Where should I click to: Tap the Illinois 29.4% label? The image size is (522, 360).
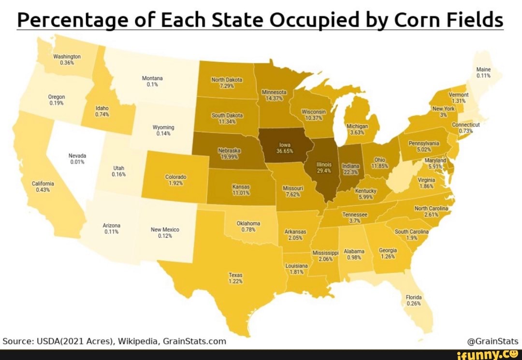point(323,168)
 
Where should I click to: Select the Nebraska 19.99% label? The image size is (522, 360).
point(230,154)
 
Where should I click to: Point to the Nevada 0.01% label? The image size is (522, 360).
point(77,159)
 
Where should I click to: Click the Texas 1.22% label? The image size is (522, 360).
point(235,277)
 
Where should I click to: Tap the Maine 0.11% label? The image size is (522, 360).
point(483,72)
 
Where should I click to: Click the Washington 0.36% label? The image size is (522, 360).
point(66,59)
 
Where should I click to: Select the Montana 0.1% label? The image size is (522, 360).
point(152,81)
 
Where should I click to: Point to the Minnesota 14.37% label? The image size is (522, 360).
point(274,95)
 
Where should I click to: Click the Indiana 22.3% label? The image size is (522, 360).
point(351,169)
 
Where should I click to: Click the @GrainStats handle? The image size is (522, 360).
point(493,340)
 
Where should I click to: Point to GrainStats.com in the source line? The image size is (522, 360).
point(194,340)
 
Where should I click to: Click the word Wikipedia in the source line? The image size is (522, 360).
point(138,340)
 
